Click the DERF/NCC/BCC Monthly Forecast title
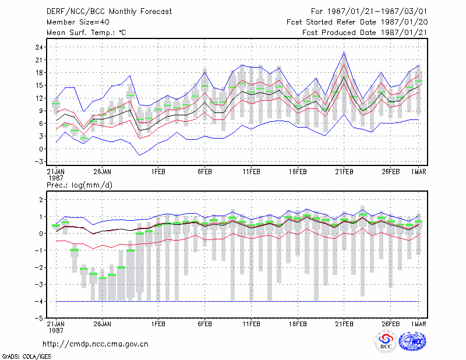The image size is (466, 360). [x=109, y=12]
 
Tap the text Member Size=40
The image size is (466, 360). [x=78, y=22]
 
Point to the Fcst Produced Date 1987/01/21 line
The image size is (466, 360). [x=365, y=33]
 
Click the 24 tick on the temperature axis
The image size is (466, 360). [x=40, y=47]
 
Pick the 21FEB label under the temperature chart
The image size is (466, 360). [x=344, y=172]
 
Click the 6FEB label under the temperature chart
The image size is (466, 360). [x=204, y=172]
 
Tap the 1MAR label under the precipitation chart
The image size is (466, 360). [x=418, y=324]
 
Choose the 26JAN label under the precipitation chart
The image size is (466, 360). [x=103, y=324]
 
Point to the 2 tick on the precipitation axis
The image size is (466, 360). [x=41, y=200]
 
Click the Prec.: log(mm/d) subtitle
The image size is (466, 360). [x=79, y=185]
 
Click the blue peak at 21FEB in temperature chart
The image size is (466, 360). [x=344, y=52]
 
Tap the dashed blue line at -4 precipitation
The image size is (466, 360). [x=237, y=301]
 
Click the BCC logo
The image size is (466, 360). [x=386, y=341]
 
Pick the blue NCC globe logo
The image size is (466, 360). [x=413, y=341]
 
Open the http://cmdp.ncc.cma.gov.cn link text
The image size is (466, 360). [x=96, y=344]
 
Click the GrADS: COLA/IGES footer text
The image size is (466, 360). [x=26, y=357]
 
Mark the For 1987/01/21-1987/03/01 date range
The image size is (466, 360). [x=369, y=12]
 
